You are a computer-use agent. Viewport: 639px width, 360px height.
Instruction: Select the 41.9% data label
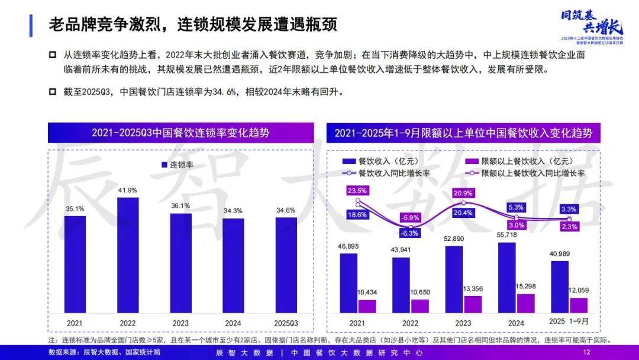pos(127,190)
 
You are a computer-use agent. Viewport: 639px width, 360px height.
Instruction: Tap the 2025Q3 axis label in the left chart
pos(286,323)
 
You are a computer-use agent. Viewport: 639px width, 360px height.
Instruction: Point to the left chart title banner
pos(180,133)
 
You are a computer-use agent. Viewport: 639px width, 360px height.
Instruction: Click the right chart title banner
pos(463,133)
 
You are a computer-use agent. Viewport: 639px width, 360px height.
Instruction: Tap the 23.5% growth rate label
pos(357,190)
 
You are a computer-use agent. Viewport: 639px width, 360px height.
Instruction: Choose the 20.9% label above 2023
pos(462,193)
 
